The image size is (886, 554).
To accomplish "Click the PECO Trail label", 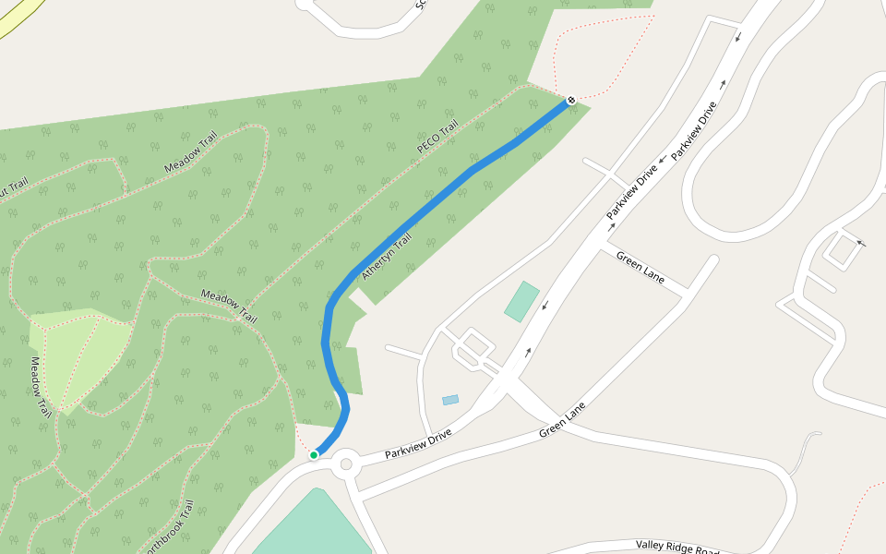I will [x=437, y=138].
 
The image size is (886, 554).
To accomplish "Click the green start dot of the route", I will [x=314, y=454].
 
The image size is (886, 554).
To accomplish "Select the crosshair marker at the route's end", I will [x=571, y=100].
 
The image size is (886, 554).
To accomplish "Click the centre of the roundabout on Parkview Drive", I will [x=347, y=464].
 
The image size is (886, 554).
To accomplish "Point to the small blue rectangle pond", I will [x=450, y=400].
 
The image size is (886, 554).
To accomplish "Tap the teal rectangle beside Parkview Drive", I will [x=521, y=302].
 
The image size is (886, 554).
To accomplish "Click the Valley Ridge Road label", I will [x=678, y=548].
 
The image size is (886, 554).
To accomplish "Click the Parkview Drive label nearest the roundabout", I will [x=418, y=444].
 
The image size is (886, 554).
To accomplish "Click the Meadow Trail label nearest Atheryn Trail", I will [x=229, y=306].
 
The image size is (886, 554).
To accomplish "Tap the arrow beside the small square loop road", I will [x=861, y=243].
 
